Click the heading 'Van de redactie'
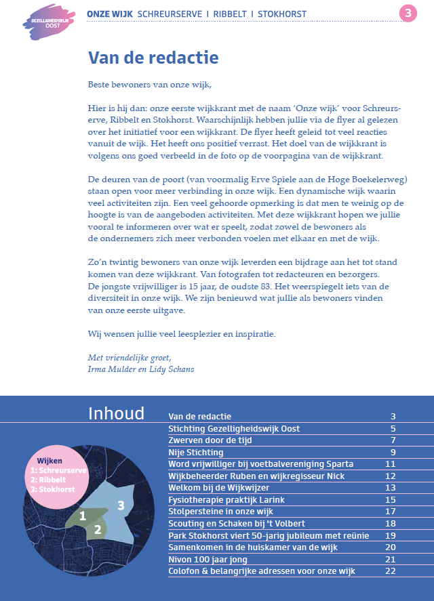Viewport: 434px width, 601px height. point(154,58)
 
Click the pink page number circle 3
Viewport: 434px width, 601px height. point(407,14)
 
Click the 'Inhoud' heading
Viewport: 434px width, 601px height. point(116,413)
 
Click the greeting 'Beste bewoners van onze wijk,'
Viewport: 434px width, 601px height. point(150,85)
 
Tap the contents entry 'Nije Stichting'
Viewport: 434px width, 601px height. point(196,452)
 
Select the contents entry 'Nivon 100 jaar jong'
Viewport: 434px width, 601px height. point(208,560)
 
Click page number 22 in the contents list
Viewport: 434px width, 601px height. point(390,571)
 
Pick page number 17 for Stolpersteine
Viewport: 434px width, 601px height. point(390,512)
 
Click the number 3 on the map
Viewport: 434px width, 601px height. point(121,505)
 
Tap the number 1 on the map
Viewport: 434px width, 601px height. point(83,516)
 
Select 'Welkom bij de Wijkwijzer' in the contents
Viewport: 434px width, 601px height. point(219,488)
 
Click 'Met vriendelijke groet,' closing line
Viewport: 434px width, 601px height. point(130,358)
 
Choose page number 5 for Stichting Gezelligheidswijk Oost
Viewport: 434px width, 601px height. point(393,428)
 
